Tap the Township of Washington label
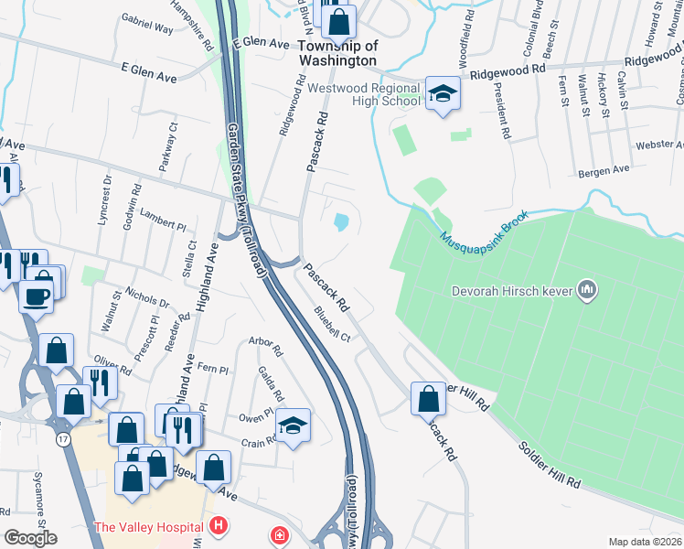click(337, 53)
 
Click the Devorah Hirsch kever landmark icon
click(587, 291)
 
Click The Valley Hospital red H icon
click(218, 526)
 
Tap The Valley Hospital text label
click(149, 527)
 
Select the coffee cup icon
click(37, 296)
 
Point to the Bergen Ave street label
click(604, 170)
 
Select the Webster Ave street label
click(660, 145)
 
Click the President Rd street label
click(499, 110)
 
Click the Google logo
click(30, 538)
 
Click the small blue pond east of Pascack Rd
click(341, 221)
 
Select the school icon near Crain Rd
click(293, 425)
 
